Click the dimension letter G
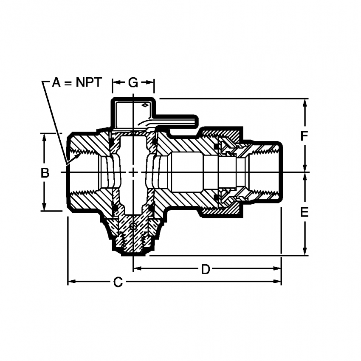pos(133,82)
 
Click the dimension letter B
pos(45,173)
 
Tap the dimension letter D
pos(206,269)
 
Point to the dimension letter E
pos(304,212)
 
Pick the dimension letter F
pos(304,136)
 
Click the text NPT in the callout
pos(89,82)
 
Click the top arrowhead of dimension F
pos(305,102)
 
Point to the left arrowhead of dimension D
pos(137,268)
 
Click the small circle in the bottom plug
pos(133,226)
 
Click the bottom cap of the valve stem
pos(133,251)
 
